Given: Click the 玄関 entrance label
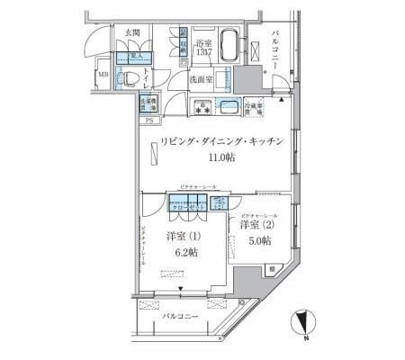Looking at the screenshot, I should coord(132,35).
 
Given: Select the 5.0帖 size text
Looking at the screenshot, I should coord(258,239).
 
